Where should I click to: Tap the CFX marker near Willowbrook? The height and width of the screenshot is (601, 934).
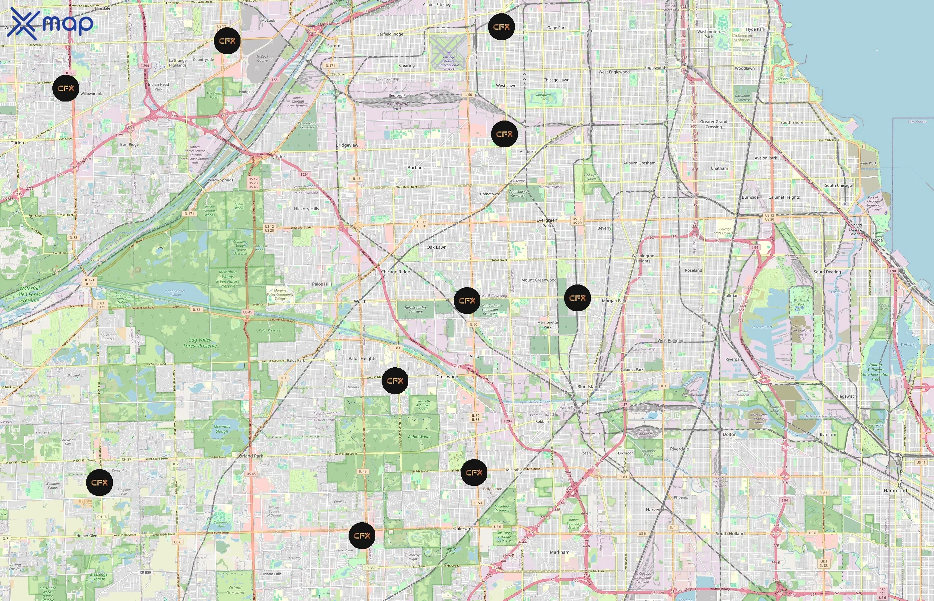tap(65, 88)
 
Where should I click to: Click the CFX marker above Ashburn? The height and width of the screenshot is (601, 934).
tap(504, 134)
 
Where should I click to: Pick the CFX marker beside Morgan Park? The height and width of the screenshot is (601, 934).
tap(577, 298)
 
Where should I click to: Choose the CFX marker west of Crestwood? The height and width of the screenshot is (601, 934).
tap(395, 381)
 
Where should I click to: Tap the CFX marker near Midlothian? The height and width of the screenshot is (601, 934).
tap(474, 472)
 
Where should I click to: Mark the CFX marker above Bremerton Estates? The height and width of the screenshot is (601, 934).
tap(362, 536)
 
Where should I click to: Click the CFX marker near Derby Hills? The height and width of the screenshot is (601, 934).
tap(99, 483)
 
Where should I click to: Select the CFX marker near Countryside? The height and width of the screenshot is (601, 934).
tap(227, 41)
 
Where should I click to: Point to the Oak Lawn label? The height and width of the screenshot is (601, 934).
tap(436, 247)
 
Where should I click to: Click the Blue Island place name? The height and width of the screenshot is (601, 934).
tap(588, 387)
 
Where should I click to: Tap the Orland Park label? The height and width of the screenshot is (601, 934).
tap(251, 456)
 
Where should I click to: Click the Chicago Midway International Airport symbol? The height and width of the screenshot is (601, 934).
tap(449, 52)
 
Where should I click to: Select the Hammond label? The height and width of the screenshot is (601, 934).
tap(895, 490)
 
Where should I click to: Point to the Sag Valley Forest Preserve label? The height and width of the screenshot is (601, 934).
tap(200, 343)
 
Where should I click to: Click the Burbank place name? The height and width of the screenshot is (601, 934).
tap(416, 167)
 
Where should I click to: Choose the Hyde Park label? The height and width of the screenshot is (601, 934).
tap(756, 29)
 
